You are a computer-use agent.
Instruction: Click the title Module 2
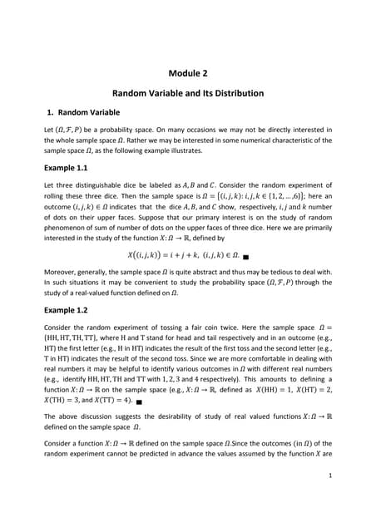(187, 73)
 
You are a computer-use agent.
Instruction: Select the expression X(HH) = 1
(264, 389)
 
